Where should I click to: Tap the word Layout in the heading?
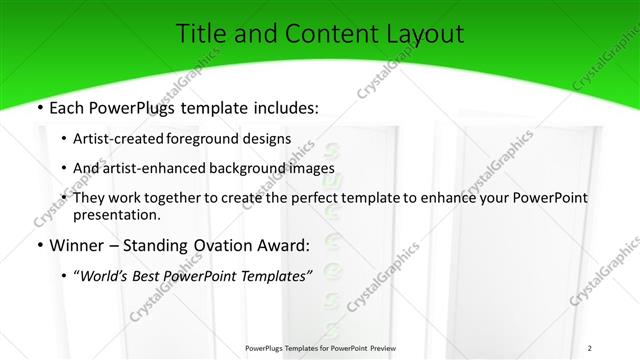427,33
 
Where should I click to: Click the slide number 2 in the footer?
589,348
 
